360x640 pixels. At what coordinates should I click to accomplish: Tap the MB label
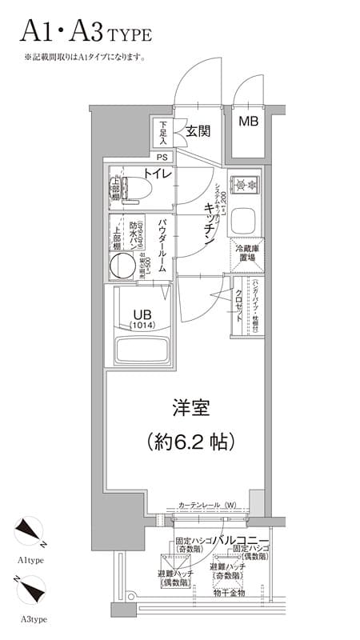(249, 122)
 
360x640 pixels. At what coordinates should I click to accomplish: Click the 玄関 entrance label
(198, 130)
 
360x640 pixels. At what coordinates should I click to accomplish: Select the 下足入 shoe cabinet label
(163, 131)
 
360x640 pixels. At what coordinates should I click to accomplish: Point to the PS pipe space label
(162, 158)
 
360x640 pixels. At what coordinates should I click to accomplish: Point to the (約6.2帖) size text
(190, 441)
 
